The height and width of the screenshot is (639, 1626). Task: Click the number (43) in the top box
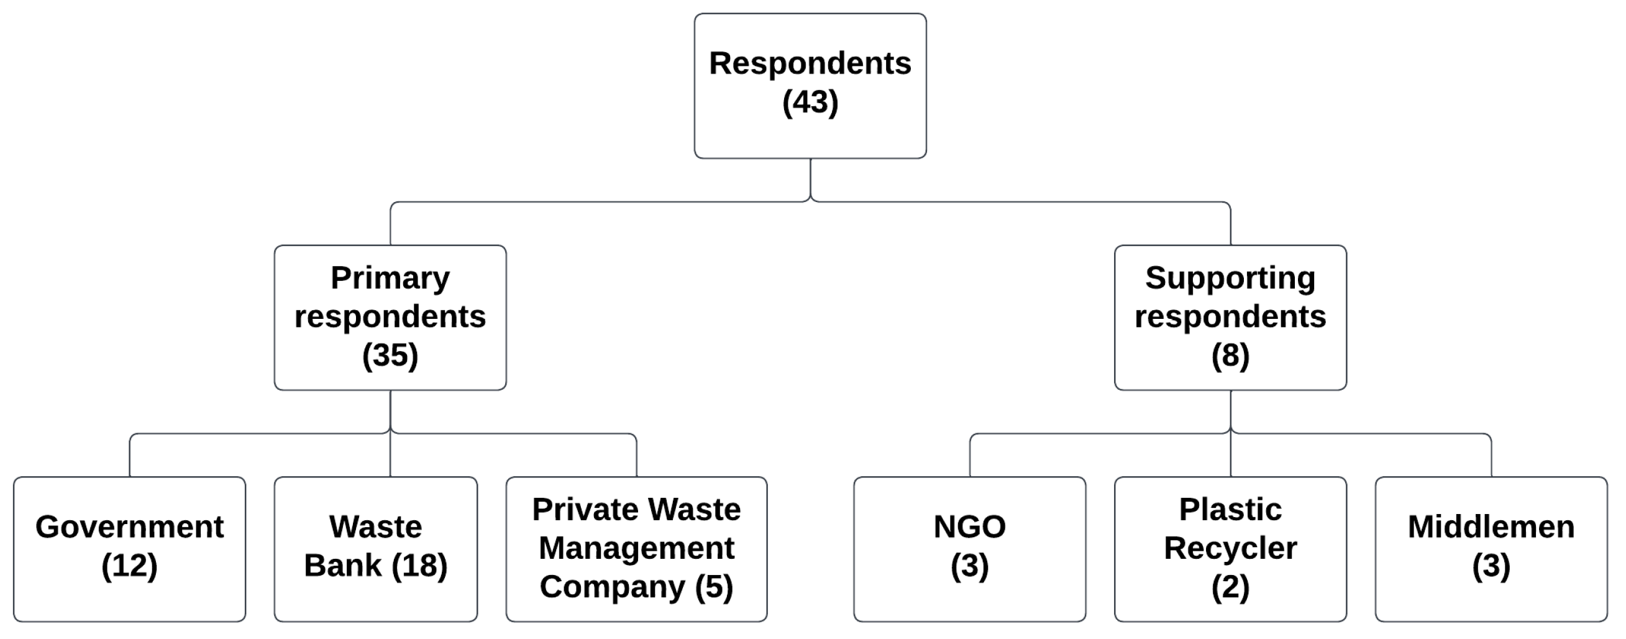click(x=810, y=103)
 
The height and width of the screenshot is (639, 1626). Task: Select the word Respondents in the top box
click(x=810, y=63)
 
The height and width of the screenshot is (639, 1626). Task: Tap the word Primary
click(x=390, y=278)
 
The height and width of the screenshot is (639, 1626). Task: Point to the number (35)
click(x=390, y=355)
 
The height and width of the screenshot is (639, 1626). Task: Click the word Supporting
click(x=1230, y=278)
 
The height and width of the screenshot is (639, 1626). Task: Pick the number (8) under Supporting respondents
click(x=1230, y=355)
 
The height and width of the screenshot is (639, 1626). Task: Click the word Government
click(x=129, y=526)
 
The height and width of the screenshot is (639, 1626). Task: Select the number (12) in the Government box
click(x=129, y=565)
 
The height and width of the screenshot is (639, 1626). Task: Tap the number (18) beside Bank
click(x=419, y=565)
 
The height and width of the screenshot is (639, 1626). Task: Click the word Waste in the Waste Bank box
click(x=375, y=526)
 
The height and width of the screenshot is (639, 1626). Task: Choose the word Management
click(x=636, y=548)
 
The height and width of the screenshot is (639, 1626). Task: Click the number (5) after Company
click(x=714, y=587)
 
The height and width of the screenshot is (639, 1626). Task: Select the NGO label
click(x=969, y=526)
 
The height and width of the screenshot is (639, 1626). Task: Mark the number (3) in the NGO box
click(x=969, y=565)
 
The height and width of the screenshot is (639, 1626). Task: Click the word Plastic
click(x=1230, y=510)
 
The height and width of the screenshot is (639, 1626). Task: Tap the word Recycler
click(x=1230, y=548)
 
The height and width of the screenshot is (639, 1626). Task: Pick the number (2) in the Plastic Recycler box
click(x=1230, y=587)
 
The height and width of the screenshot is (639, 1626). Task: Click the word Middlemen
click(x=1491, y=526)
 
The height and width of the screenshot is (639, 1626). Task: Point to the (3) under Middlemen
click(x=1491, y=565)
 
